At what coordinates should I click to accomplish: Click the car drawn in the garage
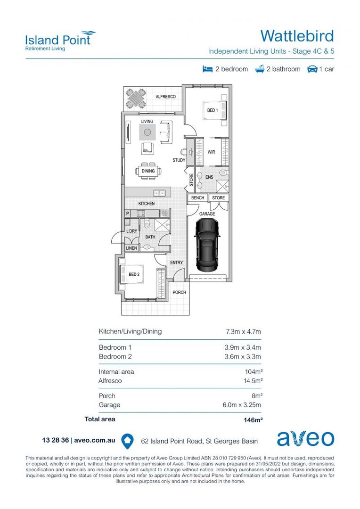pos(207,245)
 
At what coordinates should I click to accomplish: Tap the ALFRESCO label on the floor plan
pos(165,97)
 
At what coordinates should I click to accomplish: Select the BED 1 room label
pos(212,110)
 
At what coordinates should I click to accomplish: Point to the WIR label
pos(212,152)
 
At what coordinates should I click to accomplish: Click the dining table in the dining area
pos(148,171)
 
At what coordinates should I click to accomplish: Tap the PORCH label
pos(179,292)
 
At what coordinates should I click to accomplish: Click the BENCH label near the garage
pos(197,198)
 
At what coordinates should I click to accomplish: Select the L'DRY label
pos(131,231)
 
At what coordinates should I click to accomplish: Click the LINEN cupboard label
pos(131,248)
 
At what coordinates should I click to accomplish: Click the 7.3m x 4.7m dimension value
pos(243,332)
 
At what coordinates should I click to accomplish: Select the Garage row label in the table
pos(109,405)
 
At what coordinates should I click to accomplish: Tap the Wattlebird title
pos(297,36)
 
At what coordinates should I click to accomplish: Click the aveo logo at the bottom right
pos(305,438)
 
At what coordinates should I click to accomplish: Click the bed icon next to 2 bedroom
pos(207,69)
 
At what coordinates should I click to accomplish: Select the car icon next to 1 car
pos(312,69)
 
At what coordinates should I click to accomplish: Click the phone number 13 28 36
pos(55,440)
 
